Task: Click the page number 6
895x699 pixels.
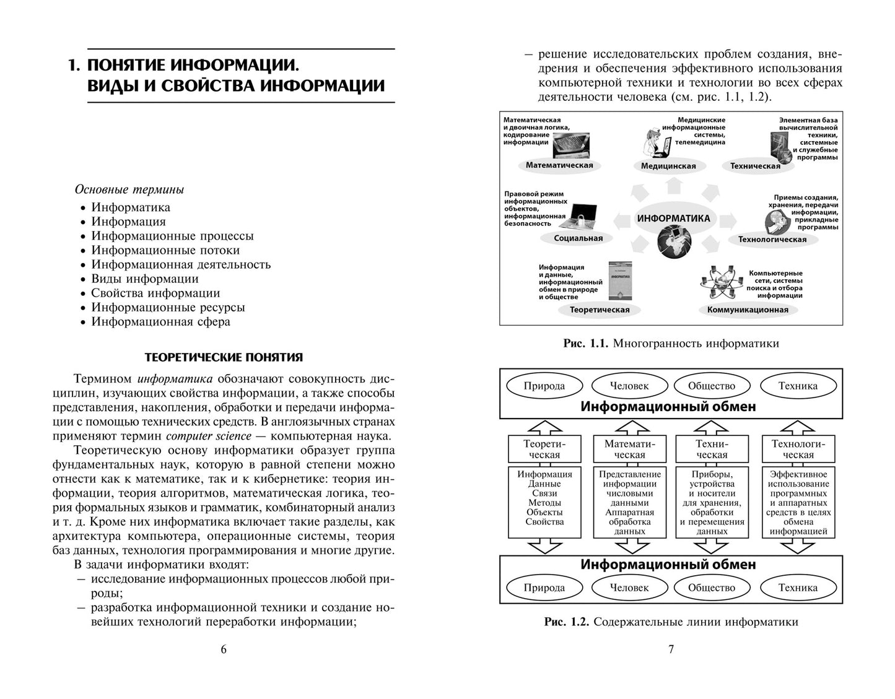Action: (224, 649)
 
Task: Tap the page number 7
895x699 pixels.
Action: (671, 649)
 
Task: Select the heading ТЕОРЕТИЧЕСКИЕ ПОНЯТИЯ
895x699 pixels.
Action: (224, 357)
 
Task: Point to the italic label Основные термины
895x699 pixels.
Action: (129, 189)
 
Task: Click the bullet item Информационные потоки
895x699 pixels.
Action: (165, 250)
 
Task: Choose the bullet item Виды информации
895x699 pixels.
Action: (145, 279)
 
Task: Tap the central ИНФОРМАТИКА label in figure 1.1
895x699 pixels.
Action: (673, 219)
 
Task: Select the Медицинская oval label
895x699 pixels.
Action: (668, 166)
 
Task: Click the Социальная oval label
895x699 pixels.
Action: (578, 238)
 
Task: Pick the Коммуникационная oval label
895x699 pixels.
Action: (748, 310)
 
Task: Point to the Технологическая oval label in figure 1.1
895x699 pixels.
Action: (772, 240)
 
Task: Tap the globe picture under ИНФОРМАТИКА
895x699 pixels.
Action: (673, 241)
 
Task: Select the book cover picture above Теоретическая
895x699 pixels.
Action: (619, 280)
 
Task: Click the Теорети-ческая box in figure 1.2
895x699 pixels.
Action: (544, 449)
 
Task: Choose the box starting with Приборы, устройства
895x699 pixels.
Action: (712, 502)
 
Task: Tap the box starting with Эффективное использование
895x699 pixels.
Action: (798, 502)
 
